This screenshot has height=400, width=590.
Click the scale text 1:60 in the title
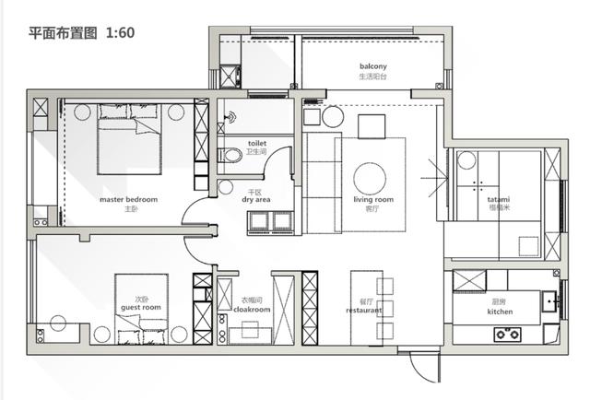[x=121, y=33]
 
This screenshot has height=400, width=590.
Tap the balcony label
[x=372, y=66]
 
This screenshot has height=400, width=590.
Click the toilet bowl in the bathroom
[x=230, y=155]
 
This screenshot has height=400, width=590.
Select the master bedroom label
[x=129, y=199]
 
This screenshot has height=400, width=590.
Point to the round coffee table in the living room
[x=370, y=179]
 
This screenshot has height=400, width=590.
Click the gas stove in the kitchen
[x=508, y=334]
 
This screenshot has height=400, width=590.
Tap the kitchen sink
[x=550, y=301]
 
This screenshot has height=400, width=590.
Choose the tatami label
[x=499, y=199]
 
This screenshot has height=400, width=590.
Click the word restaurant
[x=364, y=311]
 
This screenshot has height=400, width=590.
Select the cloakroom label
[x=252, y=310]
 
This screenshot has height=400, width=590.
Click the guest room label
[x=141, y=308]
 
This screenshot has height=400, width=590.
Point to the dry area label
[x=256, y=200]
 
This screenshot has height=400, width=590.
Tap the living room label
[x=373, y=199]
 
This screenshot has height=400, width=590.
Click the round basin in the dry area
[x=226, y=187]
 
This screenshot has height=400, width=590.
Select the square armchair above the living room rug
[x=372, y=127]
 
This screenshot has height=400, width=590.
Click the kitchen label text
[x=500, y=312]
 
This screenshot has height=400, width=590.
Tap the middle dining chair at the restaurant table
[x=385, y=309]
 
